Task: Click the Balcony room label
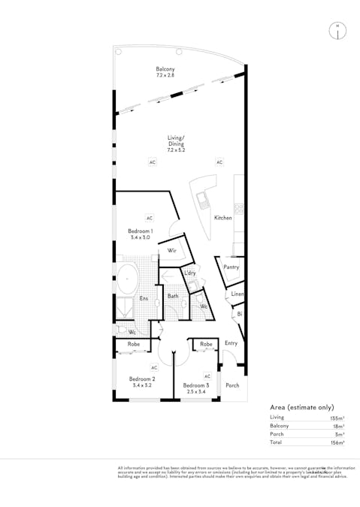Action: pos(165,69)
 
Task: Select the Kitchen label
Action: pos(223,218)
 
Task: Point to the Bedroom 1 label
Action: pos(141,231)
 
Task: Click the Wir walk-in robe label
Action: pos(171,251)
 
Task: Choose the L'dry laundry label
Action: pos(190,273)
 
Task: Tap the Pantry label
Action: pos(231,267)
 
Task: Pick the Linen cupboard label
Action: pos(237,294)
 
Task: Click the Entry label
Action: pos(231,343)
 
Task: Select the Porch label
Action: pos(232,385)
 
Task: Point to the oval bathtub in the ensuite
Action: pos(129,279)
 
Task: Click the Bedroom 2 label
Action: pos(141,379)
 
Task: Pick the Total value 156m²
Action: pos(339,443)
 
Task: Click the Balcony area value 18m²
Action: pos(340,425)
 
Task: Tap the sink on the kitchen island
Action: pos(202,200)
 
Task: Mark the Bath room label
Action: pos(172,297)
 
